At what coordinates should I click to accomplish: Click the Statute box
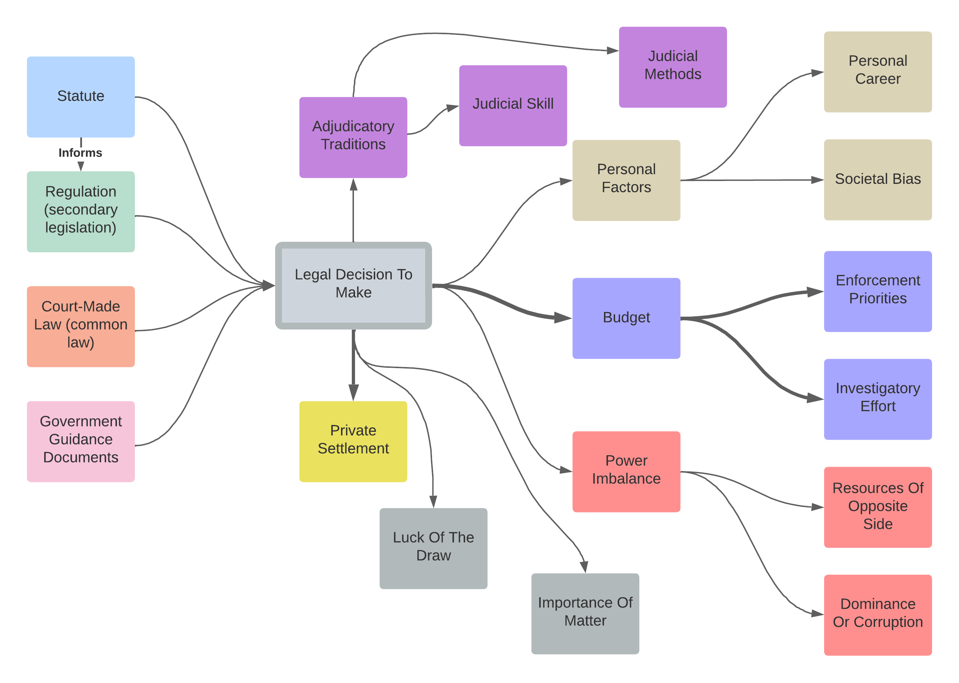coord(81,97)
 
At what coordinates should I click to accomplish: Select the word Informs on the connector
coord(80,153)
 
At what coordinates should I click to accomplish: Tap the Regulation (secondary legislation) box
coord(81,212)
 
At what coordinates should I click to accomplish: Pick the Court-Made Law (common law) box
coord(81,326)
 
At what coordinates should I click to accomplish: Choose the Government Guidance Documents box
coord(81,441)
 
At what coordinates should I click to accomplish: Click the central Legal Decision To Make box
coord(353,285)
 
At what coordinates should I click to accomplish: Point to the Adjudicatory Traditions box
coord(353,137)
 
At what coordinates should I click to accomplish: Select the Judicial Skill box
coord(513,105)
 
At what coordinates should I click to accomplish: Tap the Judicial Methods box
coord(673,67)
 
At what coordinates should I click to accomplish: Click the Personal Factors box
coord(626,180)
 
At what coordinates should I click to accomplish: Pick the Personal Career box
coord(877,72)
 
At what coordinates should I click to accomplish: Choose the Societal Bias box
coord(877,180)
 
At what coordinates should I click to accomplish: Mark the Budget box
coord(626,318)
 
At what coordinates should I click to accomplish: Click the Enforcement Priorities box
coord(877,291)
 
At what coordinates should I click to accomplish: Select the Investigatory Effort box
coord(877,399)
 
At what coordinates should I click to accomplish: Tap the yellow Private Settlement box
coord(353,441)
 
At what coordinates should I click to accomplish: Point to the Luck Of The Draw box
coord(433,548)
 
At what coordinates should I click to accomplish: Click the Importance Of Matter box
coord(585,613)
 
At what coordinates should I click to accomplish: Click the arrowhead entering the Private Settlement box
coord(354,393)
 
